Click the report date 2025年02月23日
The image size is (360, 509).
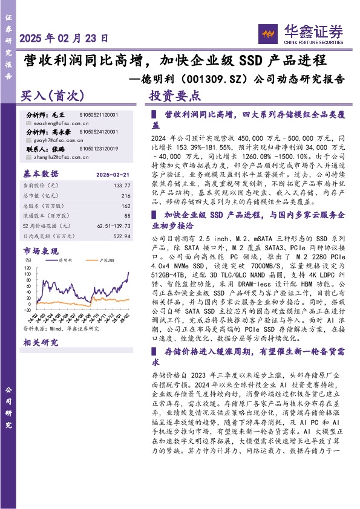coord(64,38)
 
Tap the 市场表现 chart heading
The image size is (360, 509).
coord(41,250)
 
